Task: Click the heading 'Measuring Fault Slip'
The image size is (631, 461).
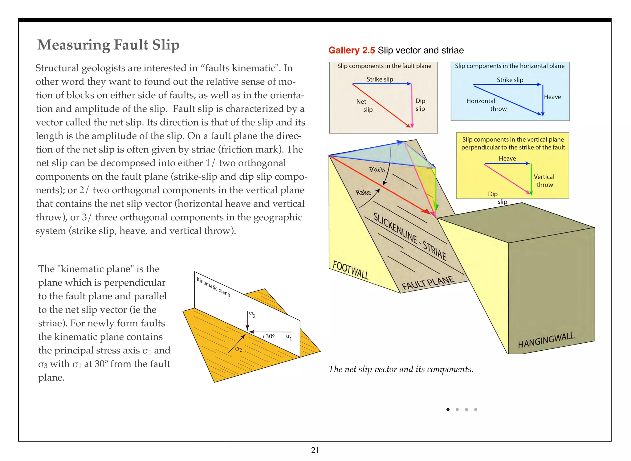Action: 108,45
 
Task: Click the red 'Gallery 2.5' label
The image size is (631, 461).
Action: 351,50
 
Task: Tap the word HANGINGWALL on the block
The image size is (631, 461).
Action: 546,340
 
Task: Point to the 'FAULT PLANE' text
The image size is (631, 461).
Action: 428,283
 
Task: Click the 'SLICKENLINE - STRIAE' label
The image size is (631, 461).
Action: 410,236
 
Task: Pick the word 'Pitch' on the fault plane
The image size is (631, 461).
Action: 377,170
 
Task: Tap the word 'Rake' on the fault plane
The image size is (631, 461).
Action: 363,193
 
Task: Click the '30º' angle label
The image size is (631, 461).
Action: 270,336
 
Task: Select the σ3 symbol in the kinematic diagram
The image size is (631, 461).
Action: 252,314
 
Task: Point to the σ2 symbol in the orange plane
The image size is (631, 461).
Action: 238,349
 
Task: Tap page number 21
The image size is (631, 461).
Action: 315,450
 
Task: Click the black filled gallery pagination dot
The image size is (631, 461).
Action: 448,410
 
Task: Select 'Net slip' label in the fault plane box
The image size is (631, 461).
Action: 364,105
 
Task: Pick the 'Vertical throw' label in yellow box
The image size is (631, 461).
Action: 544,181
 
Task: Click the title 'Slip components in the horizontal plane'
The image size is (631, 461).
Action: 510,66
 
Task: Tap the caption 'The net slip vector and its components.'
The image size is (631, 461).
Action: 401,369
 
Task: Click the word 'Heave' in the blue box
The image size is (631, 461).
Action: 552,97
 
